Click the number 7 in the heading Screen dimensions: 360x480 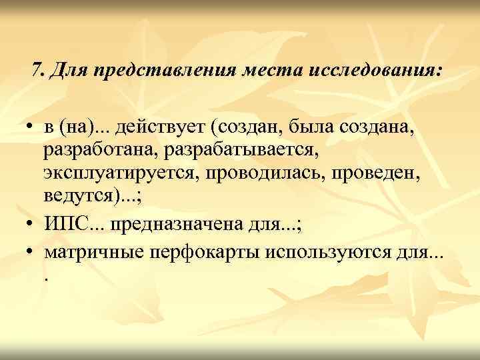point(37,69)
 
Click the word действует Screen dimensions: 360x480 point(151,127)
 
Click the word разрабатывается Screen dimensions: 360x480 point(241,151)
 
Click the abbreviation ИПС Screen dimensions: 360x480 point(66,224)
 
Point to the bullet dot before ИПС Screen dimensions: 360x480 point(32,225)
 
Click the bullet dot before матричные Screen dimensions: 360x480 point(32,249)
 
